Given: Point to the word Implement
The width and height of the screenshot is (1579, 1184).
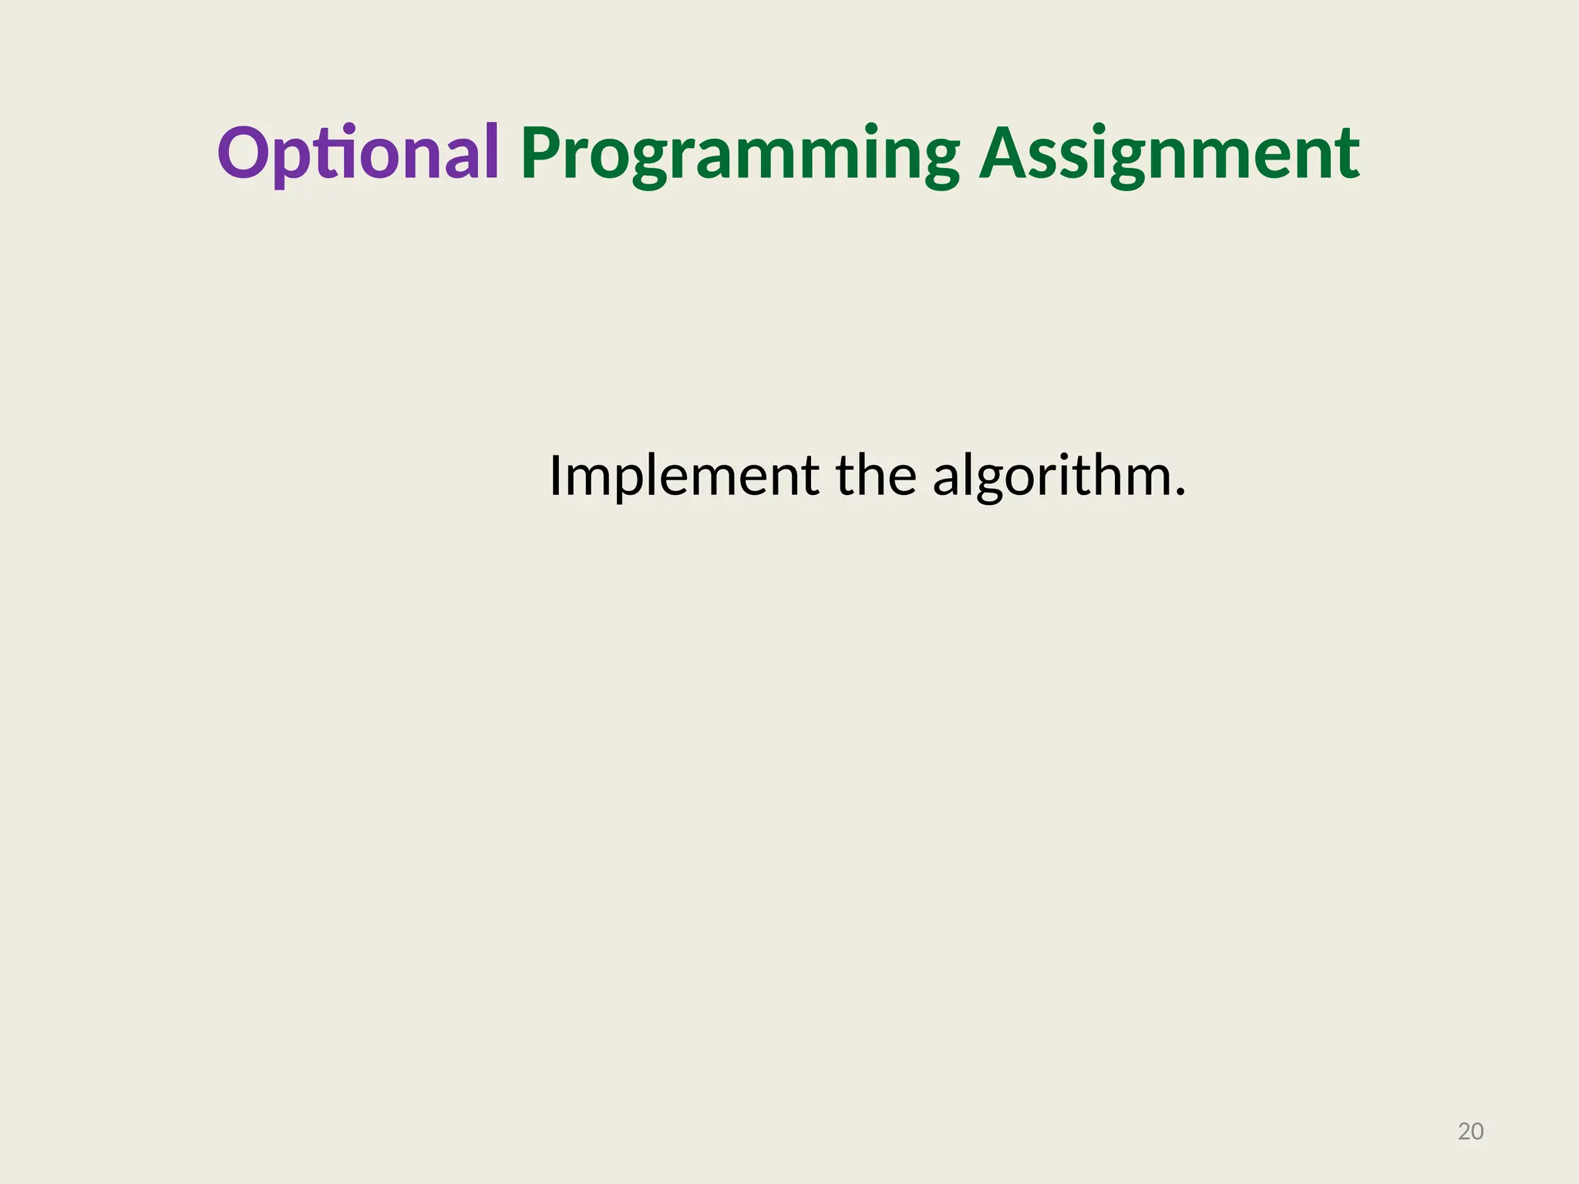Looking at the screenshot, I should tap(683, 476).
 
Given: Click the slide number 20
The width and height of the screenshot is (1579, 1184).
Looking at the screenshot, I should tap(1470, 1132).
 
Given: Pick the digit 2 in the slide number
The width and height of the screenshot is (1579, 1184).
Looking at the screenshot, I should tap(1464, 1132).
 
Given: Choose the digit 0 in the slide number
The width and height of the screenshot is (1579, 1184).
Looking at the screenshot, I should tap(1477, 1132).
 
